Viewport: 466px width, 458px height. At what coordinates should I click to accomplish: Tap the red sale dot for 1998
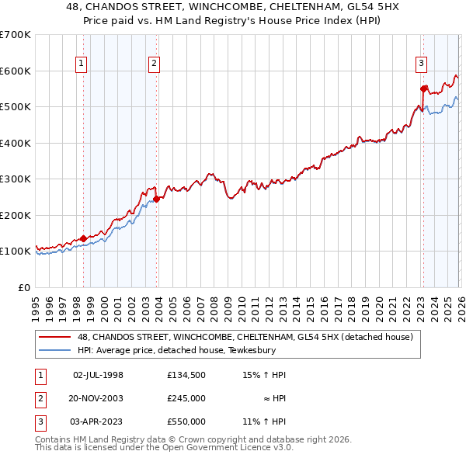84,239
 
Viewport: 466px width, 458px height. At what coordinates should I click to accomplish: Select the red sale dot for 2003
157,199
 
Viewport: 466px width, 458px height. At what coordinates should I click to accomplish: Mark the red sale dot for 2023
423,88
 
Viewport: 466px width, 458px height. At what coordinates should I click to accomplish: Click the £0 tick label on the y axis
23,287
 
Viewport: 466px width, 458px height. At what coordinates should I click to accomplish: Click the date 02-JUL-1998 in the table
98,375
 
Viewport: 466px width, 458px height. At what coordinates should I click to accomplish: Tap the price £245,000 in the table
186,398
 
